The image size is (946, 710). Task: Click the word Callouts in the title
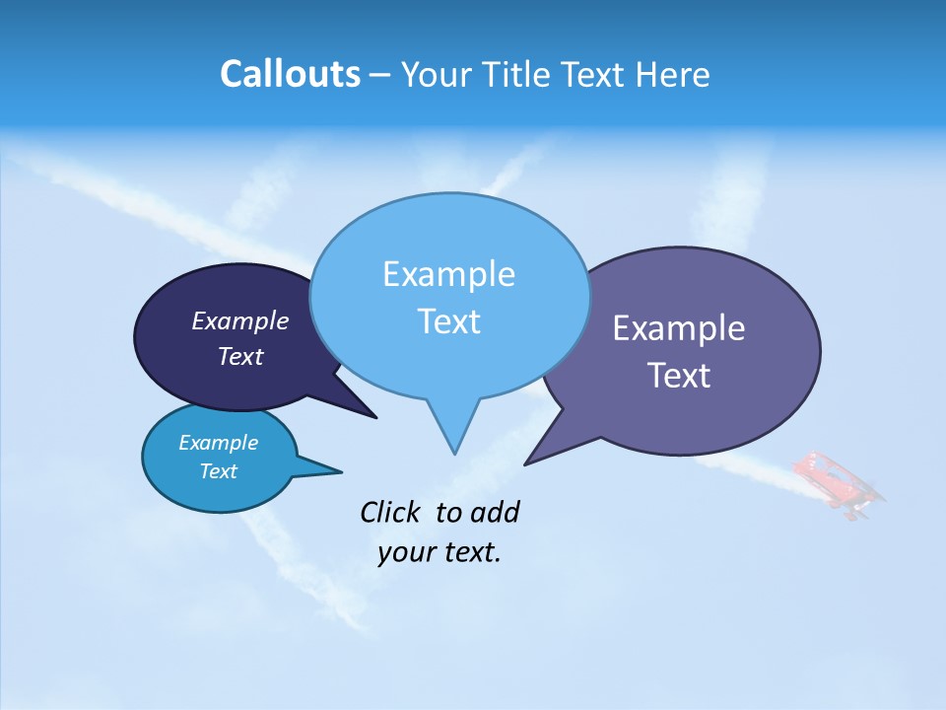pyautogui.click(x=290, y=74)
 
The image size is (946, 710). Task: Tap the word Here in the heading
pyautogui.click(x=673, y=74)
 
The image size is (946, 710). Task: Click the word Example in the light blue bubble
pyautogui.click(x=448, y=274)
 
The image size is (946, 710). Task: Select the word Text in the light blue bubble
pyautogui.click(x=448, y=321)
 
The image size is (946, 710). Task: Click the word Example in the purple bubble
pyautogui.click(x=679, y=328)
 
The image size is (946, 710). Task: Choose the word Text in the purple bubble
pyautogui.click(x=679, y=376)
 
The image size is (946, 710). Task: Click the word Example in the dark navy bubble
pyautogui.click(x=240, y=320)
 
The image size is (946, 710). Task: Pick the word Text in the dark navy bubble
pyautogui.click(x=240, y=356)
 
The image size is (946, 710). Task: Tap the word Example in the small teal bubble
pyautogui.click(x=218, y=443)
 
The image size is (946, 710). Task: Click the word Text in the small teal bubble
pyautogui.click(x=218, y=471)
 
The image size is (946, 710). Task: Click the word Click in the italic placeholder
pyautogui.click(x=391, y=512)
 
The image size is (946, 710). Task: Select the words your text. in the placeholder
pyautogui.click(x=439, y=552)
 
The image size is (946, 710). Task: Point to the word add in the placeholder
pyautogui.click(x=494, y=512)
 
